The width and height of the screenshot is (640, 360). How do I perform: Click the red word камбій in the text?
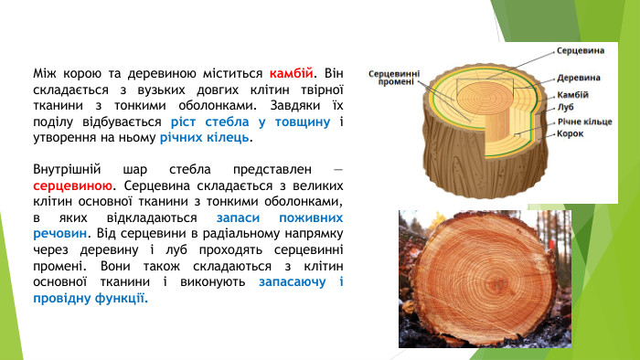(x=293, y=71)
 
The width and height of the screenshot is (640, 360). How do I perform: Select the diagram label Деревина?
(x=578, y=78)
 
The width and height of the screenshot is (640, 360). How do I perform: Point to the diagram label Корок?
(x=571, y=133)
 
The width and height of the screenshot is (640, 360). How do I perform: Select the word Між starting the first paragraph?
(x=44, y=71)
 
